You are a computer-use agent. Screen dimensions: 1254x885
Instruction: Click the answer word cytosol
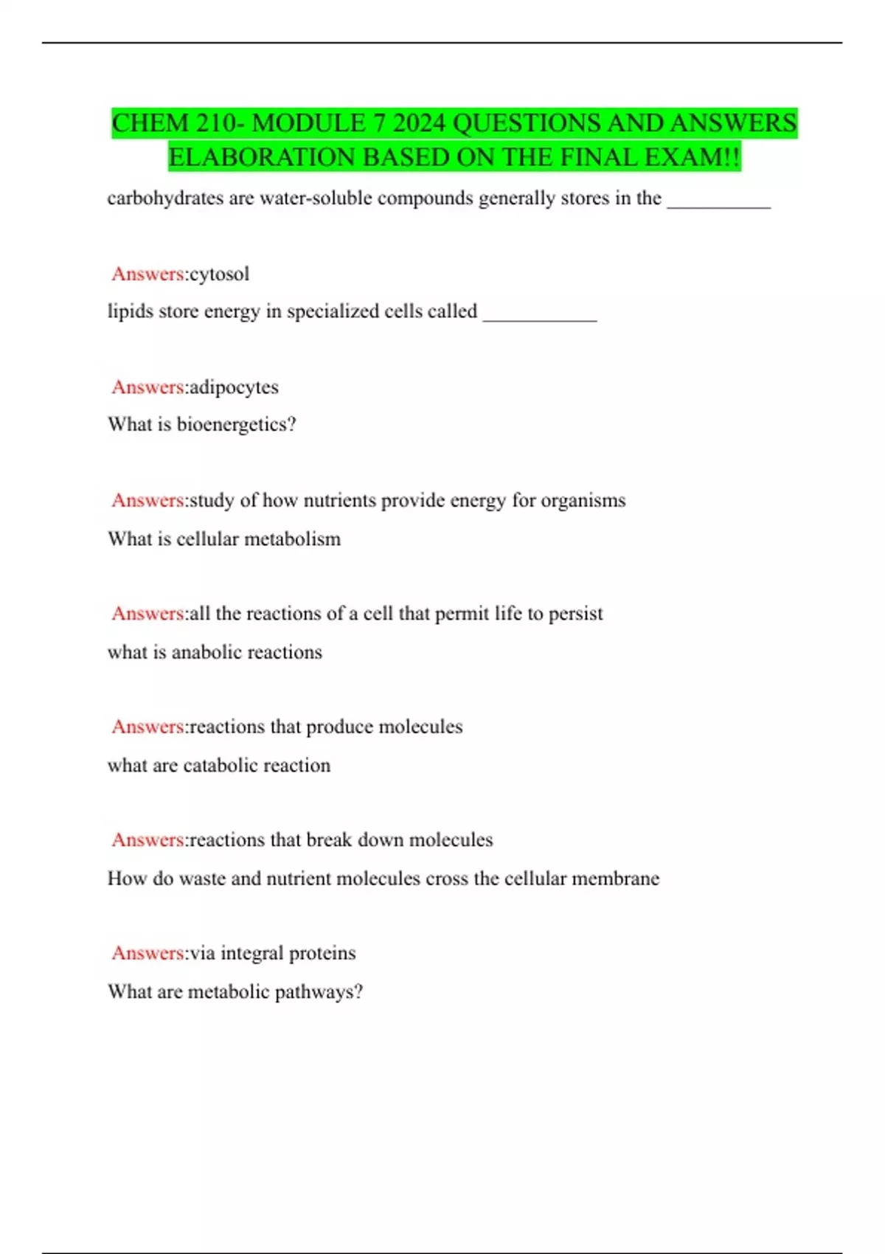click(x=220, y=274)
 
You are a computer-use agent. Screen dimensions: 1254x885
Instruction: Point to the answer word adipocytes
click(x=234, y=387)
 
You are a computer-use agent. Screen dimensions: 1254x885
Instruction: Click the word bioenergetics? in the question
click(x=236, y=425)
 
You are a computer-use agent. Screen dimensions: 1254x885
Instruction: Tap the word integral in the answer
click(x=251, y=953)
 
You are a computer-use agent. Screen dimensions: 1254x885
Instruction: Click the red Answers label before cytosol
click(x=147, y=274)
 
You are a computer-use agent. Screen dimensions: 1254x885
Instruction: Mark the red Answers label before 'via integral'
click(x=147, y=953)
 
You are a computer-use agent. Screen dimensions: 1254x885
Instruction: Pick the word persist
click(x=575, y=614)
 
